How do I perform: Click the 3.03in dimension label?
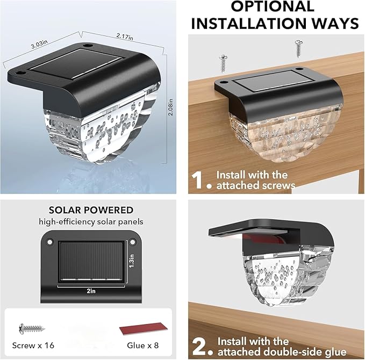coord(39,44)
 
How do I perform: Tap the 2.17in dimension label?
coord(125,37)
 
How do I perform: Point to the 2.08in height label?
coord(170,107)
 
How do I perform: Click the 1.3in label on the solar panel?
coord(132,261)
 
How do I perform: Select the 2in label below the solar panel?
coord(91,291)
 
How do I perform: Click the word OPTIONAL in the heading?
coord(273,6)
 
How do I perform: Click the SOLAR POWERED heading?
coord(91,210)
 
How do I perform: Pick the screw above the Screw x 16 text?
coord(32,329)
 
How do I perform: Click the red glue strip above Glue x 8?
coord(144,329)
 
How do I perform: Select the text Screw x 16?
coord(33,345)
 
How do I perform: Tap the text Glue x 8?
coord(142,345)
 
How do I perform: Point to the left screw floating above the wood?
coord(223,63)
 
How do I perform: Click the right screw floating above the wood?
coord(299,49)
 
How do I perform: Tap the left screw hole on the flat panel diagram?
coord(49,242)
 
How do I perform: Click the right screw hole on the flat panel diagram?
coord(132,242)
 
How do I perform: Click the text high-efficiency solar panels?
coord(91,222)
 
